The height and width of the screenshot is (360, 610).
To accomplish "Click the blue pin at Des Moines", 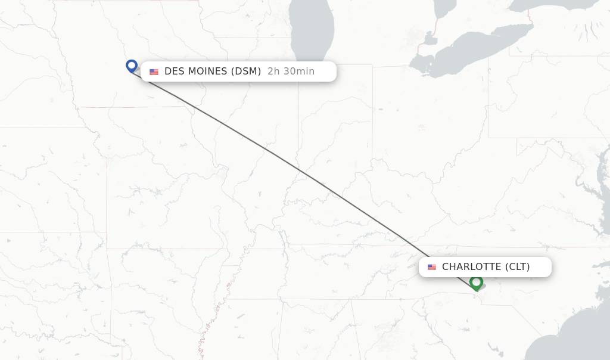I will [x=132, y=66].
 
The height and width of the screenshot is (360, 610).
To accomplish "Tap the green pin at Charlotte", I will [x=476, y=282].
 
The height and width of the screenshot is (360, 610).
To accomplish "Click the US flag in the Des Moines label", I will [x=154, y=72].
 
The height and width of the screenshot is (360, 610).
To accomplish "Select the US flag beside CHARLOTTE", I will [x=432, y=267].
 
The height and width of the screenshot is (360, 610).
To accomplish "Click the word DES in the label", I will [x=175, y=72].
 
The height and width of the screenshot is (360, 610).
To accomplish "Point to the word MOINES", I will [x=208, y=72].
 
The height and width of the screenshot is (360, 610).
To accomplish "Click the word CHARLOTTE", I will [x=472, y=267].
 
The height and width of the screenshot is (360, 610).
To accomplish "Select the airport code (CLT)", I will [x=518, y=267].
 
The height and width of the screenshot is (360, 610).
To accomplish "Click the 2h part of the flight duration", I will [x=273, y=72].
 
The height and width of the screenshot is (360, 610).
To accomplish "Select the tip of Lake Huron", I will [x=444, y=7].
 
